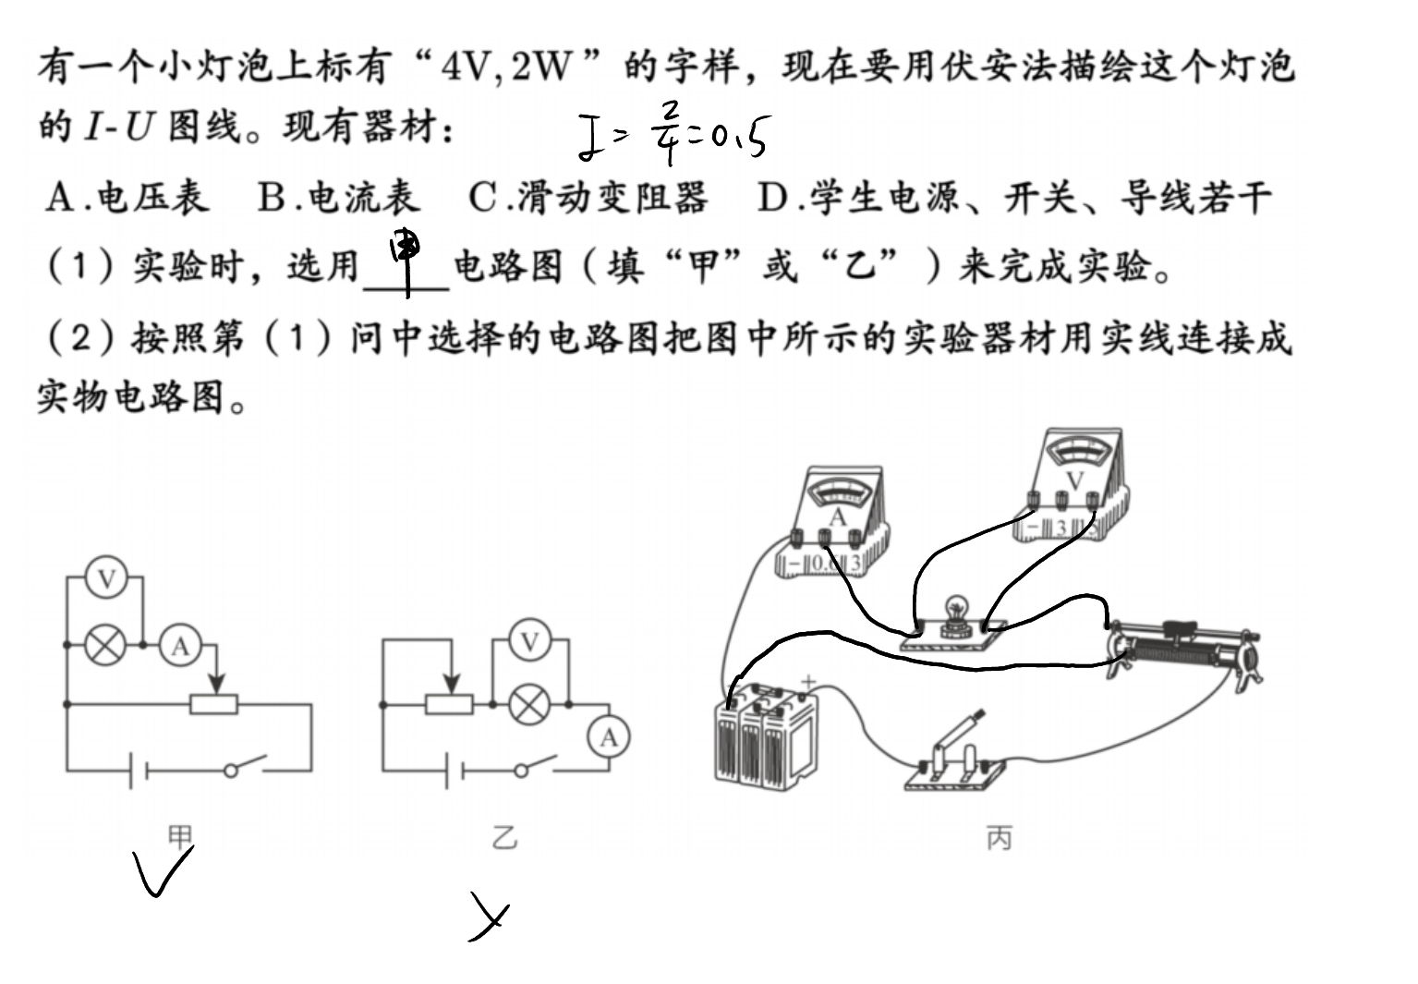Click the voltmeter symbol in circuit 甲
(x=106, y=577)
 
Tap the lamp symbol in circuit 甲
(x=105, y=645)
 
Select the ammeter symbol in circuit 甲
(x=180, y=645)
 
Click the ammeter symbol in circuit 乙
(x=609, y=737)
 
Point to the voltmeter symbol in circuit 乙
(x=530, y=640)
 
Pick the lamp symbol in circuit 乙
(x=530, y=704)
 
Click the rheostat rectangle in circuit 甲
(x=214, y=704)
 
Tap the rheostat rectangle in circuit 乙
(x=449, y=704)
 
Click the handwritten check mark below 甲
(x=162, y=870)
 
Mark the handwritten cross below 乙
(x=489, y=917)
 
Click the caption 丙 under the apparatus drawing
(x=1000, y=838)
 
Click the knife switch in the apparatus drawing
(x=954, y=757)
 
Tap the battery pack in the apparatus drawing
(x=765, y=735)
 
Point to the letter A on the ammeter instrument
(x=838, y=517)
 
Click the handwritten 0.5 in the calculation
(x=739, y=136)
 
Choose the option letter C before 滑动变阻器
(x=482, y=198)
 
